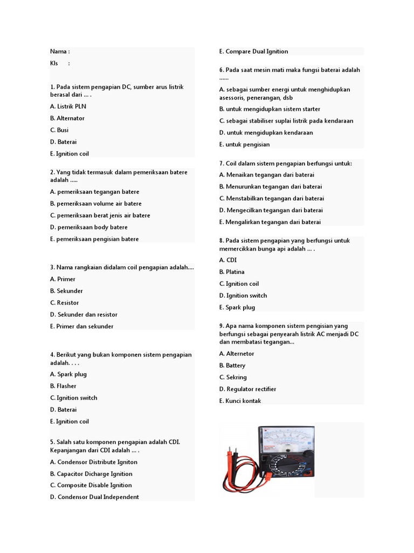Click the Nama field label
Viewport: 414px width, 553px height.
[59, 52]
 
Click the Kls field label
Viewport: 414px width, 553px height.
[55, 64]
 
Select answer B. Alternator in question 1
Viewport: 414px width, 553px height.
[67, 118]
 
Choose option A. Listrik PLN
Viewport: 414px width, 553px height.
[68, 106]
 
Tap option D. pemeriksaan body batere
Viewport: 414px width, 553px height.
[89, 227]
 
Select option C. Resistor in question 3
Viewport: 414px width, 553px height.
[64, 303]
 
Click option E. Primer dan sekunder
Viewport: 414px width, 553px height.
[82, 327]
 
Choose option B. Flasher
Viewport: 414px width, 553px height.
[63, 386]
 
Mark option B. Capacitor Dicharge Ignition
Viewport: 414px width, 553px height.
[91, 474]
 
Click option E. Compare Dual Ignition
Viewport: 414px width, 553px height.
[254, 52]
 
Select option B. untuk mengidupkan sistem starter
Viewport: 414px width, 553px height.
[270, 109]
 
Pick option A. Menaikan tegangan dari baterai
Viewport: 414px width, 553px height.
[267, 175]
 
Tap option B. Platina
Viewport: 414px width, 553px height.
[232, 272]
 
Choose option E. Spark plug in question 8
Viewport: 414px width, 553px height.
[237, 308]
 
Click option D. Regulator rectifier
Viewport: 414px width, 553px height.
[248, 389]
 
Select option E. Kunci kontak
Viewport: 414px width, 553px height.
[240, 401]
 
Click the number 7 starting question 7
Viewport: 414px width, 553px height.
[221, 164]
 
